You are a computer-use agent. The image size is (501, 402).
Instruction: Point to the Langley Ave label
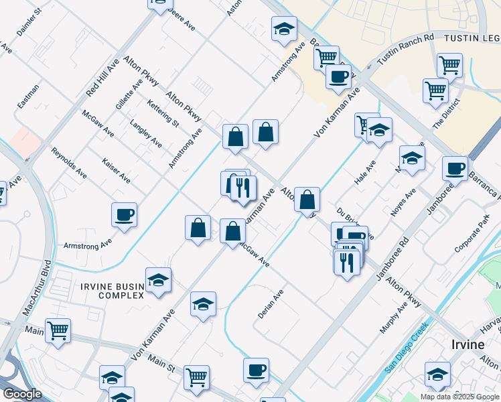(146, 133)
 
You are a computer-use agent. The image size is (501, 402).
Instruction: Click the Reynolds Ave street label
(69, 162)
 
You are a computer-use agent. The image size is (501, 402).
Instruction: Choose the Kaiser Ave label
(117, 171)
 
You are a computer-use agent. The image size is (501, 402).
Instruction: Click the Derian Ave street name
(271, 304)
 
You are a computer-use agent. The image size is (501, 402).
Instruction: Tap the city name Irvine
(466, 344)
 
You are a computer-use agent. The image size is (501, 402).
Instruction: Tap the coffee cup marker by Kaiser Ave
(125, 215)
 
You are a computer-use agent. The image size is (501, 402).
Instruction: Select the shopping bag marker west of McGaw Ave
(198, 228)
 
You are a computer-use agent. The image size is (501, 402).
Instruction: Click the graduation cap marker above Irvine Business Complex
(158, 280)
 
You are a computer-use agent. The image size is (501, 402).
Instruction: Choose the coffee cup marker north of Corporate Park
(455, 167)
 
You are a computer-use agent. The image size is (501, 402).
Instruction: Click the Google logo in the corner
(22, 394)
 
